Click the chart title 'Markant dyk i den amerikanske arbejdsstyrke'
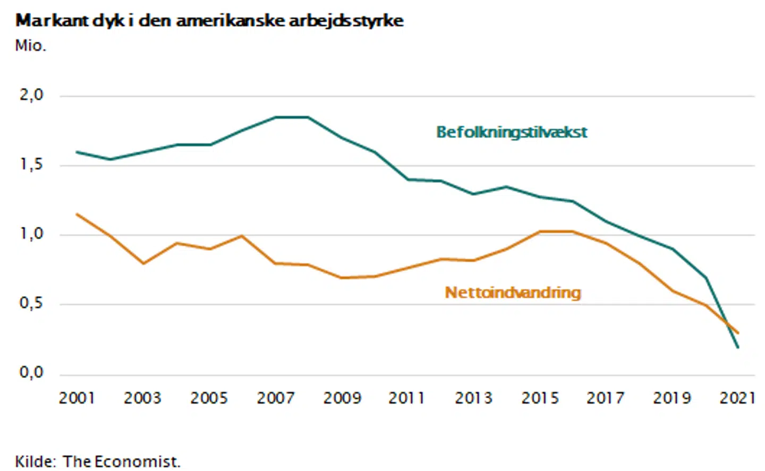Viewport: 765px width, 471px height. pyautogui.click(x=209, y=21)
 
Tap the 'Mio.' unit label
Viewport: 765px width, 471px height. pyautogui.click(x=30, y=46)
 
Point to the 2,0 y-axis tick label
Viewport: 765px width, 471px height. pyautogui.click(x=31, y=95)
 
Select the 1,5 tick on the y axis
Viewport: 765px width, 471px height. pyautogui.click(x=31, y=165)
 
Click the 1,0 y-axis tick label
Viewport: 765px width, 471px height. pyautogui.click(x=31, y=234)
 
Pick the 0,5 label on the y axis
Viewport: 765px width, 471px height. pyautogui.click(x=31, y=303)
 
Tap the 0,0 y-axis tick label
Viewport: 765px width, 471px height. pyautogui.click(x=31, y=372)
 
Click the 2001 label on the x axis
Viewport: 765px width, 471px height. pyautogui.click(x=76, y=398)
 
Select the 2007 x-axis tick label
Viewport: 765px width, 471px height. pyautogui.click(x=275, y=398)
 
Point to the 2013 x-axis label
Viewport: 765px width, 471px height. pyautogui.click(x=473, y=398)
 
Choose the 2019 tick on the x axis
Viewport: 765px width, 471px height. pyautogui.click(x=671, y=398)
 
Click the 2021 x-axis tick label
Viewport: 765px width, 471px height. pyautogui.click(x=737, y=398)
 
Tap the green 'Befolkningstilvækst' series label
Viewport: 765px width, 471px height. pyautogui.click(x=512, y=132)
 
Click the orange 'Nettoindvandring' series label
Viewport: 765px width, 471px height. pyautogui.click(x=513, y=293)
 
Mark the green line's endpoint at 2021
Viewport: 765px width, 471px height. pyautogui.click(x=738, y=347)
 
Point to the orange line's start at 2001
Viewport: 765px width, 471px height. pyautogui.click(x=77, y=214)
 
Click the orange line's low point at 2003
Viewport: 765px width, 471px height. pyautogui.click(x=143, y=263)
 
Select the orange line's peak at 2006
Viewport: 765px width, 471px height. pyautogui.click(x=242, y=236)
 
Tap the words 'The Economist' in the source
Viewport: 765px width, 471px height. pyautogui.click(x=121, y=461)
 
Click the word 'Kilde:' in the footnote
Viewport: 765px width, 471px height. pyautogui.click(x=35, y=461)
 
